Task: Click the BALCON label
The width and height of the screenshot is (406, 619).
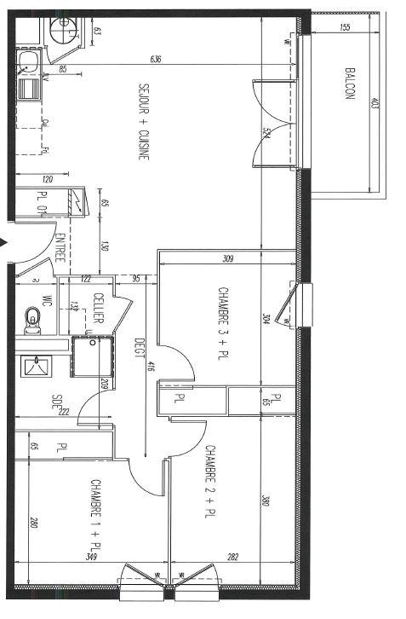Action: click(349, 83)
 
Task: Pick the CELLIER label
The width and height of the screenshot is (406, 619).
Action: click(99, 308)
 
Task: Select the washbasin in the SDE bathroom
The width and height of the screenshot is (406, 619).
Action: click(36, 366)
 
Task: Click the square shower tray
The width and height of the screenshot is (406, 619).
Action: click(90, 356)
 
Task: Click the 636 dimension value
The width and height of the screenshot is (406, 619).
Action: click(155, 59)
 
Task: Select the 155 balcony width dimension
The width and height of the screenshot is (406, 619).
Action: click(344, 27)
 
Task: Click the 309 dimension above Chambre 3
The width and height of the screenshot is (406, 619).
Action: click(227, 258)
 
